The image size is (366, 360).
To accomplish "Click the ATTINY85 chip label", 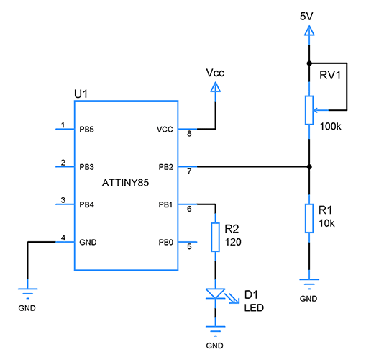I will pyautogui.click(x=125, y=185).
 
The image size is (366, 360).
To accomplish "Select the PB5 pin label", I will pyautogui.click(x=87, y=130).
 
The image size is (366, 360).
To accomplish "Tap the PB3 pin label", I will pyautogui.click(x=87, y=167).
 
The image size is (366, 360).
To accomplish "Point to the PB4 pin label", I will pyautogui.click(x=87, y=204).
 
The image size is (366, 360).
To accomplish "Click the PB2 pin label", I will pyautogui.click(x=165, y=167).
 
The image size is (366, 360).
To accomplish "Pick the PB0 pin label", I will pyautogui.click(x=165, y=242).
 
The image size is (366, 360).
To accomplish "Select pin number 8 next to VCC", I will pyautogui.click(x=189, y=135).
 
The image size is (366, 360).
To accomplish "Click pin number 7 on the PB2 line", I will pyautogui.click(x=189, y=172).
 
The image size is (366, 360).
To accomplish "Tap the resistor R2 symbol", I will pyautogui.click(x=214, y=237).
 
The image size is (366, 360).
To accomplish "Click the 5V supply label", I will pyautogui.click(x=308, y=14).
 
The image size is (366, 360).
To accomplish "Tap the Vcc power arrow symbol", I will pyautogui.click(x=214, y=87).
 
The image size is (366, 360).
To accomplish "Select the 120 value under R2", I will pyautogui.click(x=232, y=242).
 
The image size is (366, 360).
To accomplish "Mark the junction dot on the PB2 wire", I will pyautogui.click(x=308, y=167).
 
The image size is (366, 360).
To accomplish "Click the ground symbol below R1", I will pyautogui.click(x=308, y=284).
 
